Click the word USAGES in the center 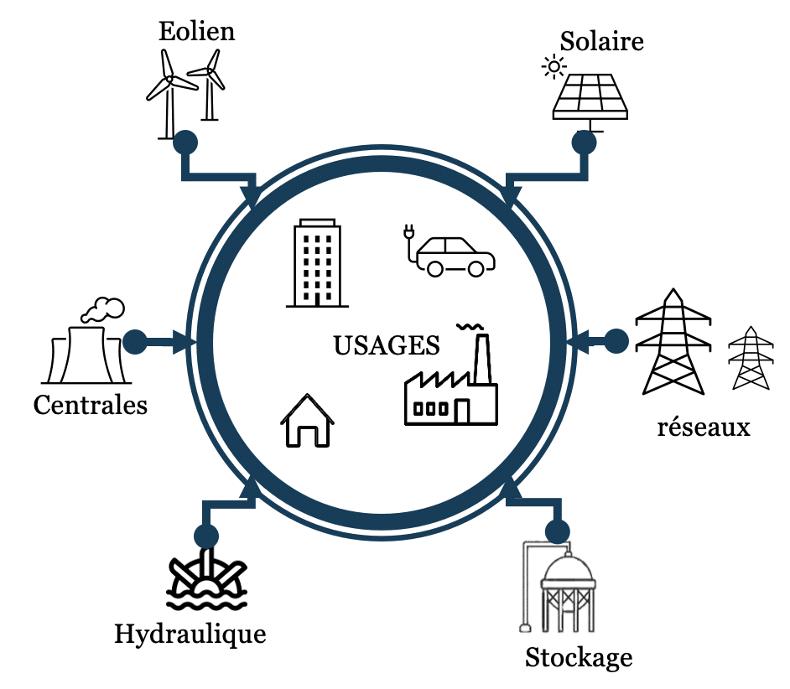(x=387, y=345)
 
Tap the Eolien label (x=196, y=32)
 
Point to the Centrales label (x=90, y=406)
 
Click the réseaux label (x=704, y=427)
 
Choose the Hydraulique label (x=190, y=634)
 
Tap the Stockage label (x=579, y=657)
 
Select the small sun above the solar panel (x=553, y=66)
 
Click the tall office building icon (x=317, y=263)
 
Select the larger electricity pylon (x=673, y=344)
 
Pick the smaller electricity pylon (x=751, y=359)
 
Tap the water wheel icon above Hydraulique (x=206, y=580)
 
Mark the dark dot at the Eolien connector (x=185, y=142)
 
